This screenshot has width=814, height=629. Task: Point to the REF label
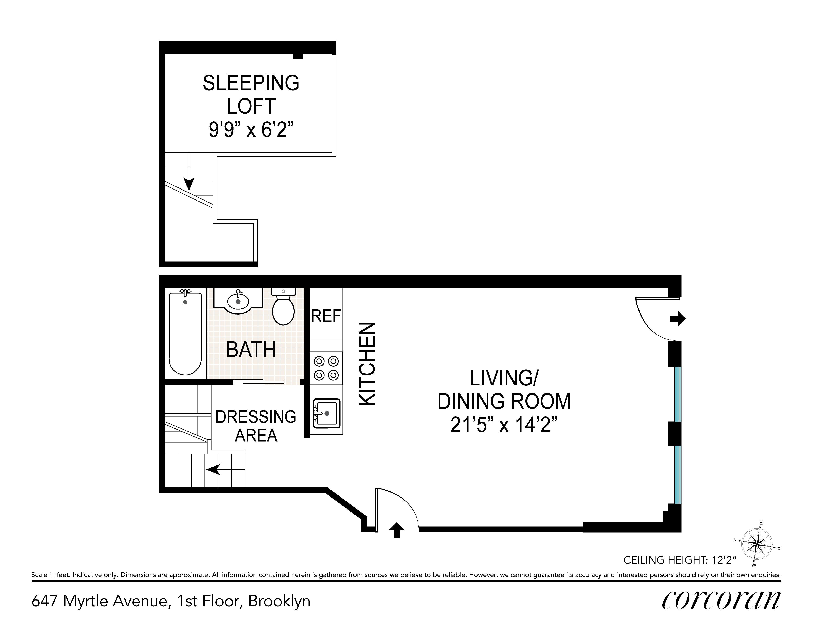click(x=326, y=316)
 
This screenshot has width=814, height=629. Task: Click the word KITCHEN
click(x=367, y=364)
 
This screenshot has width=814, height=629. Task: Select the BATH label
click(x=251, y=350)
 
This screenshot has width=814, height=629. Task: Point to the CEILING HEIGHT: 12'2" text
click(x=680, y=560)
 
